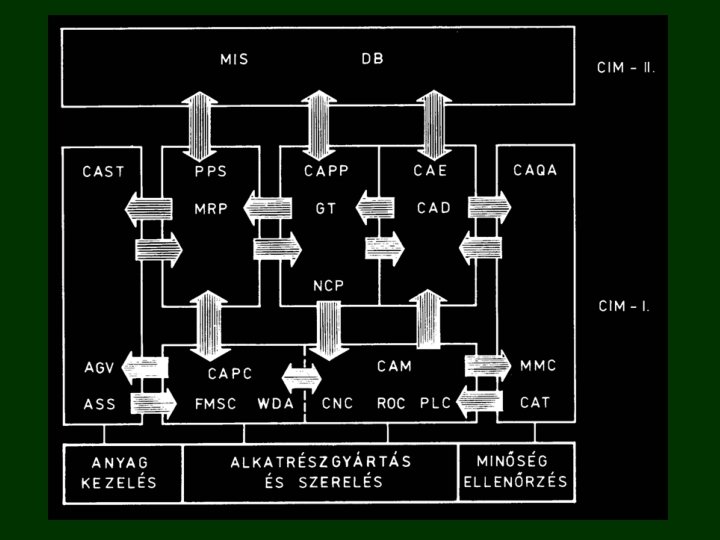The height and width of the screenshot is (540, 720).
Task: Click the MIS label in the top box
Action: click(x=233, y=59)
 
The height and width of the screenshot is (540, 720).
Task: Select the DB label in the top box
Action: click(x=372, y=59)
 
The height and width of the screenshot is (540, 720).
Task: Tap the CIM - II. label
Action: click(x=625, y=69)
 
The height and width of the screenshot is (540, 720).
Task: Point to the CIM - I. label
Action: click(x=624, y=306)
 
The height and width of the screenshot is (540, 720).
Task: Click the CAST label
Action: click(x=103, y=171)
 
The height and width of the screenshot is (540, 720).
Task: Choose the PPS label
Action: click(x=210, y=171)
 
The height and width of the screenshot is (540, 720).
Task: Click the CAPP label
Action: click(x=326, y=171)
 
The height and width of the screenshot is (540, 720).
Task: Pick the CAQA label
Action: click(x=535, y=171)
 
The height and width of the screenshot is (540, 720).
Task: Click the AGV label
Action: click(x=100, y=366)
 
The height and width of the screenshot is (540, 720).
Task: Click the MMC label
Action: click(x=537, y=366)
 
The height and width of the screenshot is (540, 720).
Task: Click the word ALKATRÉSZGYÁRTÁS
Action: click(x=321, y=462)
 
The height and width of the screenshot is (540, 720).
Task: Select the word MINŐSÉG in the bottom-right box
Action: click(x=514, y=462)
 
